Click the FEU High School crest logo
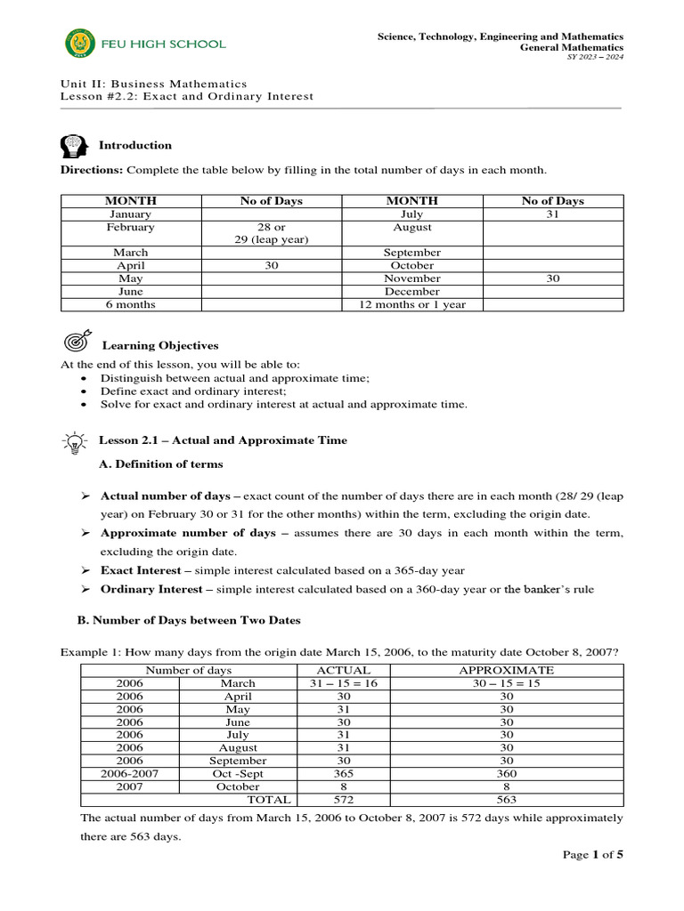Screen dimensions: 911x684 (77, 43)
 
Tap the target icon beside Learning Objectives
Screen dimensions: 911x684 (77, 343)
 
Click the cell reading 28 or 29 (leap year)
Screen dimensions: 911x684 (272, 233)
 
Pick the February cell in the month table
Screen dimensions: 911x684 (131, 227)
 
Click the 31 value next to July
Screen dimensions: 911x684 (552, 214)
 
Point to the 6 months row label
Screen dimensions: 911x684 (131, 304)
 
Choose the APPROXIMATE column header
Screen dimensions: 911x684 (506, 670)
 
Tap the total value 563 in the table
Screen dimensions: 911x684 (506, 800)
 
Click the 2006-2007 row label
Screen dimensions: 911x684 (130, 774)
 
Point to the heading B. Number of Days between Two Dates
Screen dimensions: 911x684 (183, 620)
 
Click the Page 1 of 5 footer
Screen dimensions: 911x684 (593, 855)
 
